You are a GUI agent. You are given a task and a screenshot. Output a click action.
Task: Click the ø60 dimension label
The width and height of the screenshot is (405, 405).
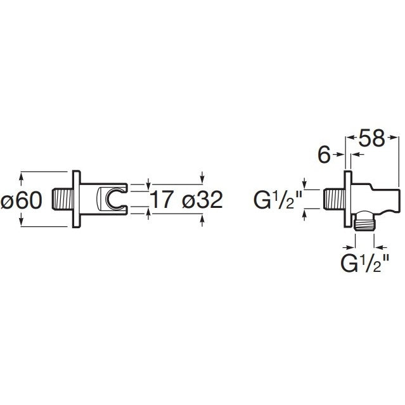(22, 200)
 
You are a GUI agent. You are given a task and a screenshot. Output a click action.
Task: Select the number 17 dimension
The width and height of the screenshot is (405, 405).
(162, 200)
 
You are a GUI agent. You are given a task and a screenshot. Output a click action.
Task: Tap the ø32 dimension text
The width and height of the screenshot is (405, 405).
(203, 200)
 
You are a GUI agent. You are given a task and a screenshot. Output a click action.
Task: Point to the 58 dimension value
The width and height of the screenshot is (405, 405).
(371, 138)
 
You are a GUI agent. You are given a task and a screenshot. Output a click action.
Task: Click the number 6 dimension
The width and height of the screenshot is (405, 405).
(325, 155)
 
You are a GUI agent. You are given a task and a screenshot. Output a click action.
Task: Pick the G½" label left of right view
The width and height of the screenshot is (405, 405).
(278, 200)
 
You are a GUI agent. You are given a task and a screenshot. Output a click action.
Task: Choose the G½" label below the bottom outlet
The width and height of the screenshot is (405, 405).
(365, 263)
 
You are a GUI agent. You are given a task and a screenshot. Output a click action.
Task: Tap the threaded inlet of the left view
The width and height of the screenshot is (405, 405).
(63, 199)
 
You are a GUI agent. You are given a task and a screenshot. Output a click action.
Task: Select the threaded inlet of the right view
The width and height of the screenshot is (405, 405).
(334, 199)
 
